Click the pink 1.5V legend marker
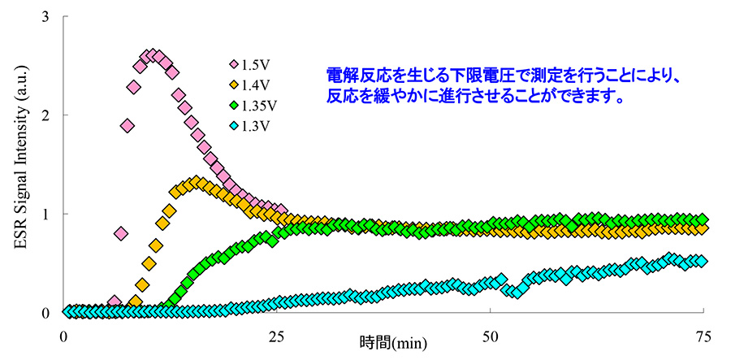click(x=234, y=64)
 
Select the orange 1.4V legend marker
click(x=234, y=85)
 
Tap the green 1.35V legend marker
click(x=234, y=106)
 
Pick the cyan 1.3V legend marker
click(x=234, y=126)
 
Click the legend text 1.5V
click(x=257, y=64)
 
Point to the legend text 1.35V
click(x=261, y=106)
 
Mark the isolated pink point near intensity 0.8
click(x=121, y=234)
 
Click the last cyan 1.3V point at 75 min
click(x=702, y=261)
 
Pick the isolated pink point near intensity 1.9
click(x=128, y=125)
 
